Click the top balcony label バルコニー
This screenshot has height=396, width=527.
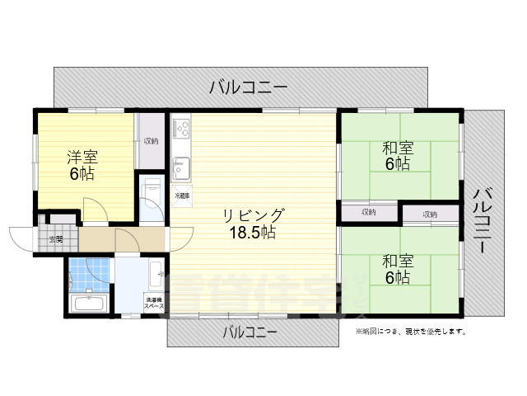(x=248, y=86)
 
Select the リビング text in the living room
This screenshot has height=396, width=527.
(x=253, y=215)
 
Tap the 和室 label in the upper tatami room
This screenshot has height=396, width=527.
(x=397, y=148)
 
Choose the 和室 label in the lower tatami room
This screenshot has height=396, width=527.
(x=397, y=261)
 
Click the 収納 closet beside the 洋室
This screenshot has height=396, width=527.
(x=151, y=141)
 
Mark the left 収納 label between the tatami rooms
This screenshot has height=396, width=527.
(x=368, y=213)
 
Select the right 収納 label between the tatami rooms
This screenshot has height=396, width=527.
(x=430, y=214)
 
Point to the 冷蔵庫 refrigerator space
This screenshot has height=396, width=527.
(x=181, y=196)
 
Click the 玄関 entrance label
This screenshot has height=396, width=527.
(x=55, y=239)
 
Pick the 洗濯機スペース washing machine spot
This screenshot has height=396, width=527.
(x=153, y=302)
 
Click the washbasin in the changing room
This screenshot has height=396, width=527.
(x=156, y=270)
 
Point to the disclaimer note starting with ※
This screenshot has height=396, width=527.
(x=411, y=332)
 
